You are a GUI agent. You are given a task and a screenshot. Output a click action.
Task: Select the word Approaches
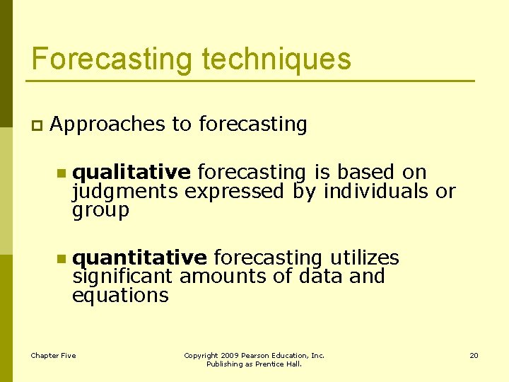coord(107,125)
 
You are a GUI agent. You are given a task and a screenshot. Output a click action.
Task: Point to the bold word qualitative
coord(131,173)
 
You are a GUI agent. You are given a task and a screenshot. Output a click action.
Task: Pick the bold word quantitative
coord(140,257)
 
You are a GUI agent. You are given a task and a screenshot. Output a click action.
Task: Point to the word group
coord(100,211)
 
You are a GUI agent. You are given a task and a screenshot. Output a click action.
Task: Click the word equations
coord(120,295)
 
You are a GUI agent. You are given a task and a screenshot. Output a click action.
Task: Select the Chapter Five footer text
coord(53,355)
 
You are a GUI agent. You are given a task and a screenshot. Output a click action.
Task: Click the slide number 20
coord(474,355)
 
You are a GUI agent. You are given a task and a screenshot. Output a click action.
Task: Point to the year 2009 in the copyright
coord(229,355)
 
